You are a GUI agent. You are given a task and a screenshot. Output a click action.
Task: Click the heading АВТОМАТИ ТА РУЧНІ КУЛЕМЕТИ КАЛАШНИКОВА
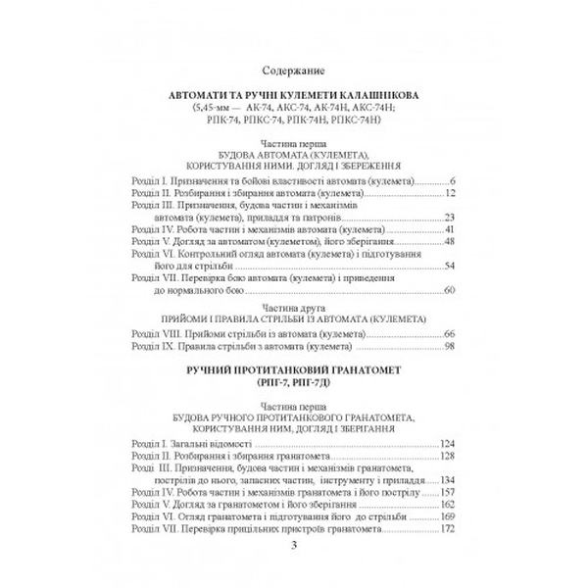click(294, 95)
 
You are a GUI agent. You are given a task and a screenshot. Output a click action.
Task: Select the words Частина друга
click(294, 308)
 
